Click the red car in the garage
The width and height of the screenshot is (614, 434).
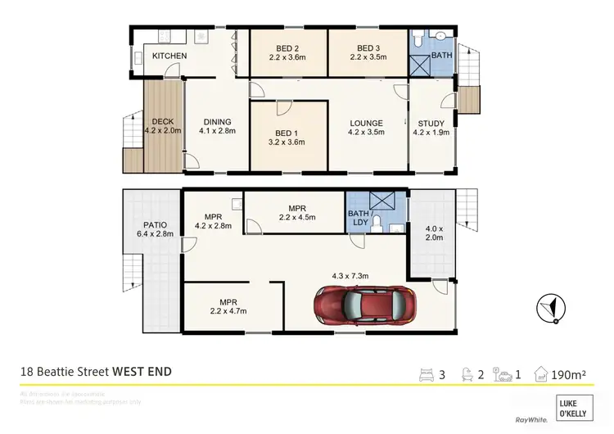click(x=366, y=306)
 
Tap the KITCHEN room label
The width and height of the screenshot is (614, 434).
click(x=169, y=56)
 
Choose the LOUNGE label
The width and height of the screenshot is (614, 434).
click(x=367, y=123)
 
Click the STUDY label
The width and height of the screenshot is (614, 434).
click(x=431, y=123)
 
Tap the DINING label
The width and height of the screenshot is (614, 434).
click(x=217, y=123)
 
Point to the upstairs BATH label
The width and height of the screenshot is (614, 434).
click(x=442, y=55)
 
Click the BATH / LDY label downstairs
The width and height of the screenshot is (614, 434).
click(x=361, y=217)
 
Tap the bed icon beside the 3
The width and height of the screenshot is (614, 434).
click(x=427, y=375)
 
